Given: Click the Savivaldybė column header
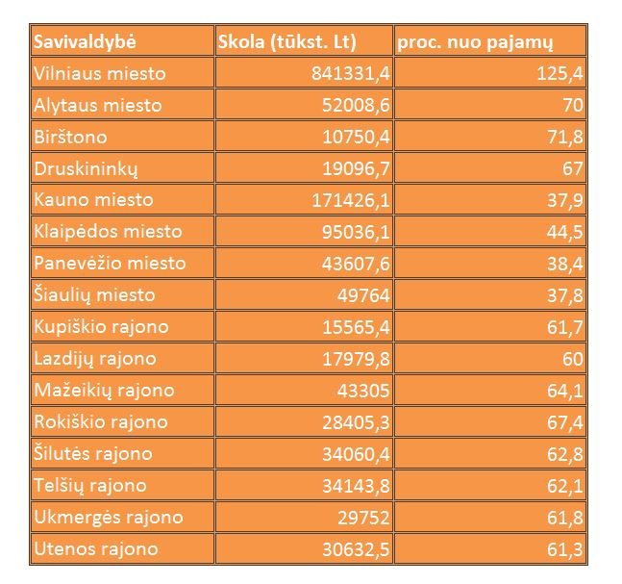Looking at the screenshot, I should (x=85, y=42).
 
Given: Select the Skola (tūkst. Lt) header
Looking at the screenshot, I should (x=287, y=42).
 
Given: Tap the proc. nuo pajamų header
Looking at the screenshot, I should (x=475, y=42).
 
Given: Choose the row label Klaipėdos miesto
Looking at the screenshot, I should (x=108, y=232).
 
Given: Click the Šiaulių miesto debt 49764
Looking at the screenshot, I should (x=362, y=295).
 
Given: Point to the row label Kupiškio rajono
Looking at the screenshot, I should (x=101, y=327).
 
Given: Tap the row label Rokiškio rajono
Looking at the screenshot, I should (x=100, y=422).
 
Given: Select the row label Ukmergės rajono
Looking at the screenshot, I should (x=108, y=518).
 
